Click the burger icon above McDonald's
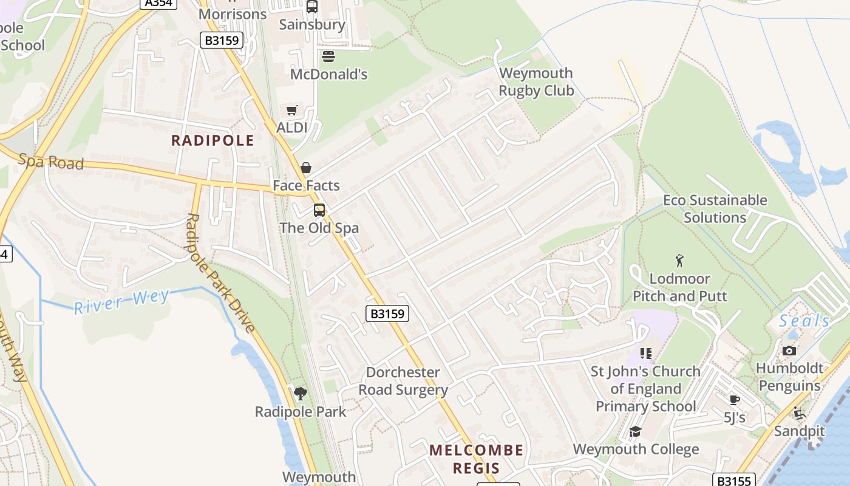(x=328, y=56)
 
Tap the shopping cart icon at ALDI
(x=292, y=110)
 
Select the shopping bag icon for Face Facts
(x=306, y=168)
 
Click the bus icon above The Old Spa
(x=319, y=210)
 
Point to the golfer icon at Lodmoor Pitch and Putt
(x=679, y=261)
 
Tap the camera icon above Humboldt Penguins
(x=789, y=351)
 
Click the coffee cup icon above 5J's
(x=735, y=399)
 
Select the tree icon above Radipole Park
(x=300, y=394)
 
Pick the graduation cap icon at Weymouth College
(x=635, y=431)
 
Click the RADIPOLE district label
(x=212, y=141)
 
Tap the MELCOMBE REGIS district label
(x=476, y=459)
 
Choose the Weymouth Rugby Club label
(x=535, y=82)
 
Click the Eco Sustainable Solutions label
(x=715, y=209)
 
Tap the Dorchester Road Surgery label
(x=403, y=381)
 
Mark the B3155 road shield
(x=733, y=481)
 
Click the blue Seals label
(x=804, y=321)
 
